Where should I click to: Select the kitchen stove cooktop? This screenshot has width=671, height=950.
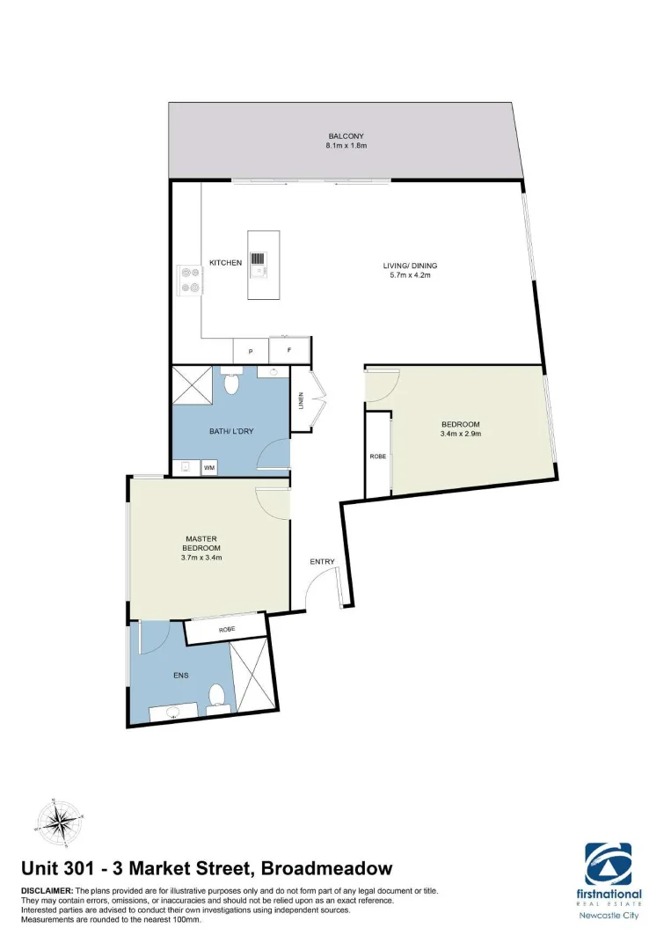(x=189, y=281)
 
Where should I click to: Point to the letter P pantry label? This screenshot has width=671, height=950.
(x=251, y=352)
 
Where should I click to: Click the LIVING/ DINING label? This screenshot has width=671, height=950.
(x=410, y=266)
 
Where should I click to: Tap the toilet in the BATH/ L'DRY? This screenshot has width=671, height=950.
(x=232, y=383)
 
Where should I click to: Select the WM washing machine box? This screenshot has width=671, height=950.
(x=210, y=468)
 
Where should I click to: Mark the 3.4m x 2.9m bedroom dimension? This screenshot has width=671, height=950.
(x=461, y=434)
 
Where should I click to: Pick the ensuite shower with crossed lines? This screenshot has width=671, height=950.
(x=252, y=675)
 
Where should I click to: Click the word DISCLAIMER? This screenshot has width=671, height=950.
(x=47, y=891)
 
